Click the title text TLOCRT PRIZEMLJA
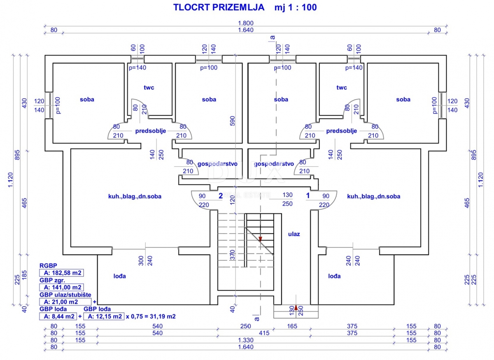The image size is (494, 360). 213,7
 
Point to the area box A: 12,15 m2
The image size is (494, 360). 103,316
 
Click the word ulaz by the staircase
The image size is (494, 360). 294,234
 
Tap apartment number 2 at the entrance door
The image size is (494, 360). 221,196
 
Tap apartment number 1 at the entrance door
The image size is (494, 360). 308,196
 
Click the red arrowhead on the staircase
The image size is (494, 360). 260,238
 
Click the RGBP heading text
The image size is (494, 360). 48,266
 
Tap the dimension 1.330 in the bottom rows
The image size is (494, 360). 246,340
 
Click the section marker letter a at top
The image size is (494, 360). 272,37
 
